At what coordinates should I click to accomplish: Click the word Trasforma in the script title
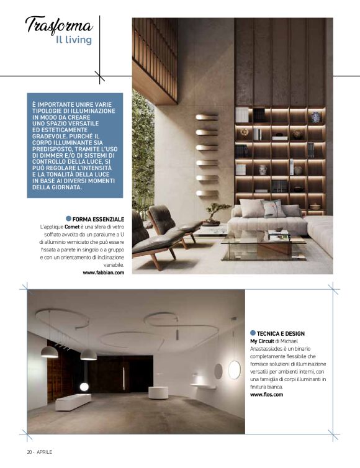pos(59,25)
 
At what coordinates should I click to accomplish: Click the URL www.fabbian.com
pos(103,272)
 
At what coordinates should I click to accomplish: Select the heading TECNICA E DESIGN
pos(283,333)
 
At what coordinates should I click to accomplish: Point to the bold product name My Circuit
pos(265,341)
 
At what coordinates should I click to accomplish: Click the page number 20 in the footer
pos(29,451)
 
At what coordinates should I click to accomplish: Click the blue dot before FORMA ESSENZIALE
pos(68,220)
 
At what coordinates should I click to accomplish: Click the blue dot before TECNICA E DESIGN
pos(253,333)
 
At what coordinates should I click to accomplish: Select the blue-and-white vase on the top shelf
pos(316,117)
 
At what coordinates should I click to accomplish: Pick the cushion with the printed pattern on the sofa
pos(274,209)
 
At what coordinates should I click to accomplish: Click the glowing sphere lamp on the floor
pos(84,387)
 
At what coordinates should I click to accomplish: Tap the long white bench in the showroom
pos(73,402)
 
